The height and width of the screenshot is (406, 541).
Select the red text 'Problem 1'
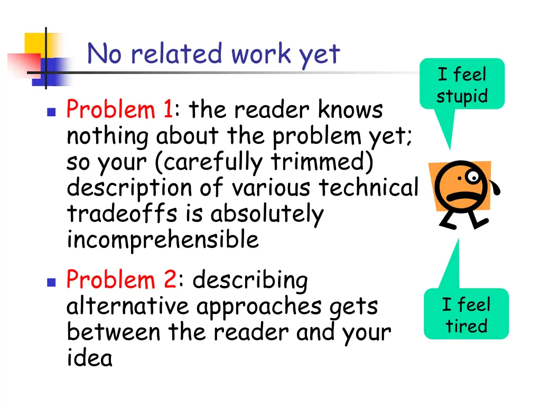[119, 110]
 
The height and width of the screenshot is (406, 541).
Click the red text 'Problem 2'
[121, 280]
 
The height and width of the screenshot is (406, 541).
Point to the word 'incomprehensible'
[163, 241]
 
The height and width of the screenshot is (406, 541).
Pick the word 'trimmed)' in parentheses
[323, 162]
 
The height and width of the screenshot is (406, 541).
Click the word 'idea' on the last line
[89, 358]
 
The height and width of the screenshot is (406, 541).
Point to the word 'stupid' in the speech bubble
[462, 97]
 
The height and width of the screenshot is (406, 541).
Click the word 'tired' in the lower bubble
[466, 326]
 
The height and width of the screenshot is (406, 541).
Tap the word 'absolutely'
[267, 214]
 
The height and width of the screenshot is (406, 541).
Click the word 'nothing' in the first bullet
[108, 137]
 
